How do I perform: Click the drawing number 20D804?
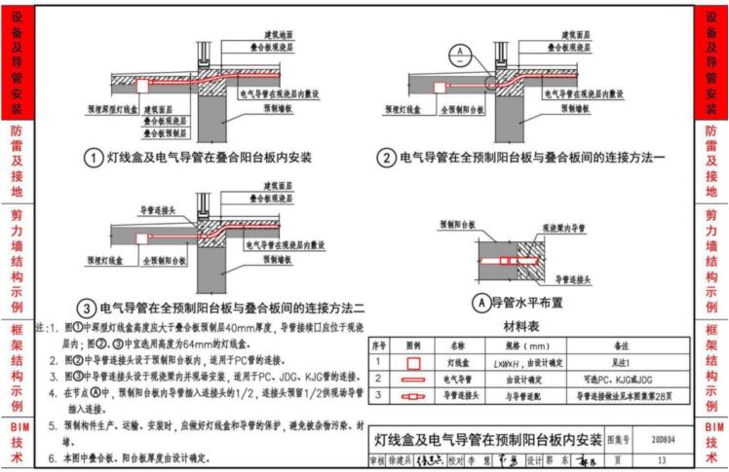point(665,439)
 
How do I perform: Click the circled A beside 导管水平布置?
point(479,303)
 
